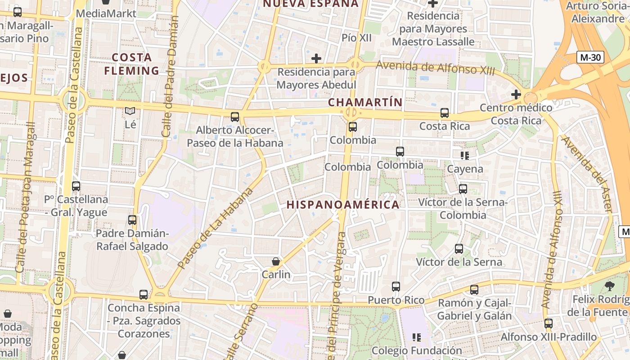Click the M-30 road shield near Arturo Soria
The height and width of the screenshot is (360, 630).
click(x=590, y=58)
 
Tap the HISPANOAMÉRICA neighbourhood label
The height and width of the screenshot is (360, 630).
click(x=343, y=205)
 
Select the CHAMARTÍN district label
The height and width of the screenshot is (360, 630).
click(x=365, y=102)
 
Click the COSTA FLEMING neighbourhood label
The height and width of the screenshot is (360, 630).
click(x=131, y=64)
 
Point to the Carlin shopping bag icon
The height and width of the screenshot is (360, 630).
click(x=276, y=261)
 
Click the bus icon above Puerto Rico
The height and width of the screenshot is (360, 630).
click(x=396, y=287)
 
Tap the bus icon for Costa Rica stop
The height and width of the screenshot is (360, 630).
click(x=445, y=113)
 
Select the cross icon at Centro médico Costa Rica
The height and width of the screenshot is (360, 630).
click(x=516, y=95)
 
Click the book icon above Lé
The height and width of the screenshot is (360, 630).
click(x=130, y=111)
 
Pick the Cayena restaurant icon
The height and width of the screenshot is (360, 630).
click(x=465, y=156)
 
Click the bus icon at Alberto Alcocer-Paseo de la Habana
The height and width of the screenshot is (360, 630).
click(x=235, y=117)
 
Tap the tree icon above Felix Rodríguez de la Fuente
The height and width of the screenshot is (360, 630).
click(x=610, y=285)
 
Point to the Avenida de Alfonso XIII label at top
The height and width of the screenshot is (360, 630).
click(x=435, y=68)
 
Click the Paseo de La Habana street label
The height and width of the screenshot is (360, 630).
click(x=216, y=228)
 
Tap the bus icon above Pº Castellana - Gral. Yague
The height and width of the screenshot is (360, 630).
click(x=76, y=186)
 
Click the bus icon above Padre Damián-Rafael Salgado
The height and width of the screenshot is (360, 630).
click(x=132, y=220)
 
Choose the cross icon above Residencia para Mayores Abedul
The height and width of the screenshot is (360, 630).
click(x=316, y=58)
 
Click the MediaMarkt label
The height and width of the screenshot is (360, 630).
click(x=106, y=13)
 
